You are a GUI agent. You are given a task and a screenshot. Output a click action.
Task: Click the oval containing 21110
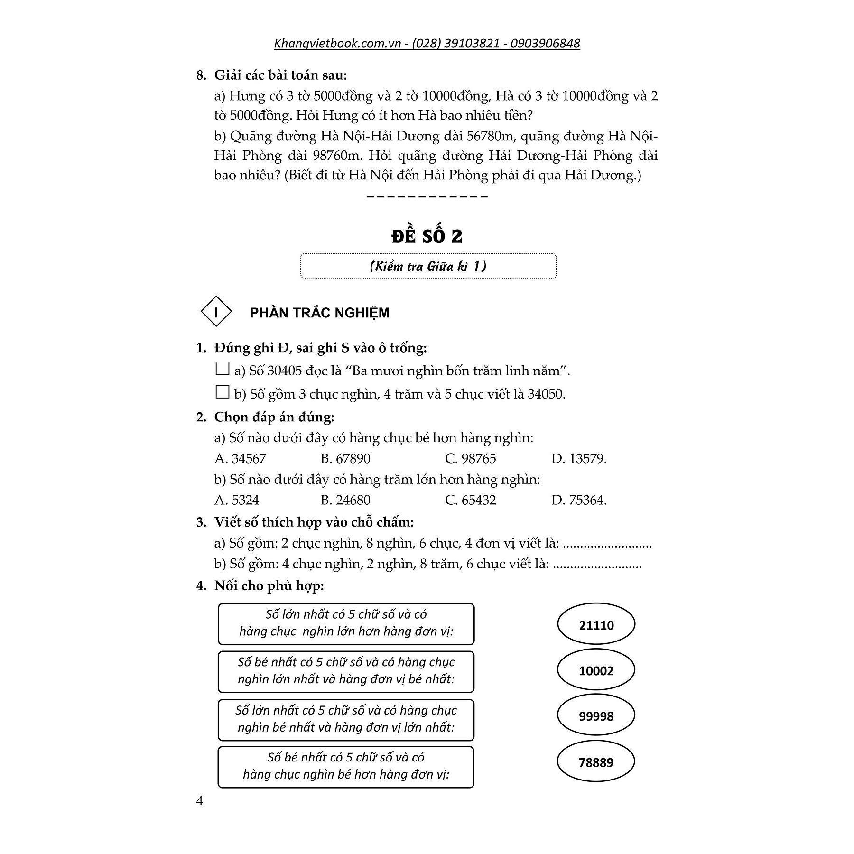tap(596, 625)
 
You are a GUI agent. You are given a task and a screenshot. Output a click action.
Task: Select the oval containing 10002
tap(596, 670)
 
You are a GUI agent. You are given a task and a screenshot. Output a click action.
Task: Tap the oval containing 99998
tap(596, 716)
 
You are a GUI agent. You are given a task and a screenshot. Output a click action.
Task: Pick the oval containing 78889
tap(596, 762)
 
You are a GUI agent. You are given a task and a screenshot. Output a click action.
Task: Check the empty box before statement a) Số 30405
tap(222, 369)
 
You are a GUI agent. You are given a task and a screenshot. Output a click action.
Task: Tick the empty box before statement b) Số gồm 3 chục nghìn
tap(222, 392)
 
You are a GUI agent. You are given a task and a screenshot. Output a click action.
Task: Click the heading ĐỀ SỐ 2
tap(427, 236)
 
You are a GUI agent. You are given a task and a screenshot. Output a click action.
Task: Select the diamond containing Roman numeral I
tap(216, 313)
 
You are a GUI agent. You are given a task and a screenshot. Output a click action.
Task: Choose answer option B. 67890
tap(345, 459)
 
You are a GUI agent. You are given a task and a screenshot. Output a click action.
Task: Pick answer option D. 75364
tap(579, 500)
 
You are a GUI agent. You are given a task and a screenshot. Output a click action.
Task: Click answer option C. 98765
tap(470, 459)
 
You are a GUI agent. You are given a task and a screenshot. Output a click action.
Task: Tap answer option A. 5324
tap(237, 500)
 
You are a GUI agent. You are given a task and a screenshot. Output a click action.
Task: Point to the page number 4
tap(200, 801)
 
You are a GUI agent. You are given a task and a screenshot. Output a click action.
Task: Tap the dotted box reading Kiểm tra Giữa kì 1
tap(428, 266)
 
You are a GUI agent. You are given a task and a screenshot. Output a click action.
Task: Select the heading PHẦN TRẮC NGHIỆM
tap(319, 313)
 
